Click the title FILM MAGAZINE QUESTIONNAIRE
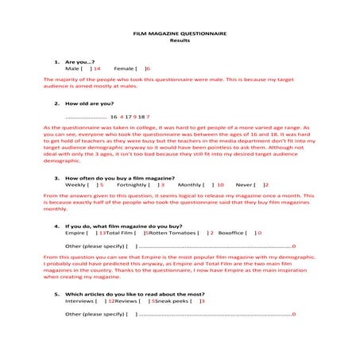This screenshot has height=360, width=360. [180, 35]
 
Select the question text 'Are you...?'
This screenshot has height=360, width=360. [80, 62]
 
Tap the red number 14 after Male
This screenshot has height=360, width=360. [96, 69]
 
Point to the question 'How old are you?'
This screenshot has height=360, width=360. [89, 103]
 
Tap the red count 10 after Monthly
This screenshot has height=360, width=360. [219, 184]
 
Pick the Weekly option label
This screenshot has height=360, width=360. [76, 184]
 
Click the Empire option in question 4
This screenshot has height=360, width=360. [75, 233]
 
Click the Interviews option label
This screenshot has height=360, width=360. [79, 301]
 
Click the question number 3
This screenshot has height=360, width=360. [56, 177]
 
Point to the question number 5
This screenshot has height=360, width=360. [56, 294]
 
